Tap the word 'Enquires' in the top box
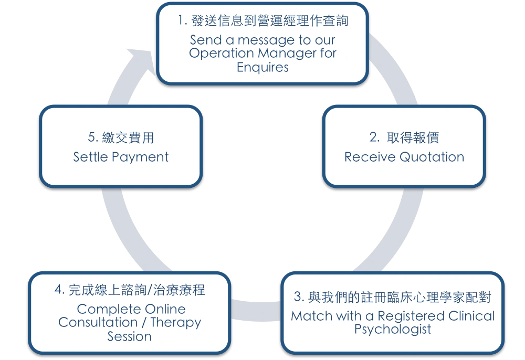[262, 67]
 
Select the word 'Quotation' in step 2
[432, 157]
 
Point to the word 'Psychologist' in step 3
[393, 330]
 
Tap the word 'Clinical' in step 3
[472, 316]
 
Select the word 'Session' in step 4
[129, 336]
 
